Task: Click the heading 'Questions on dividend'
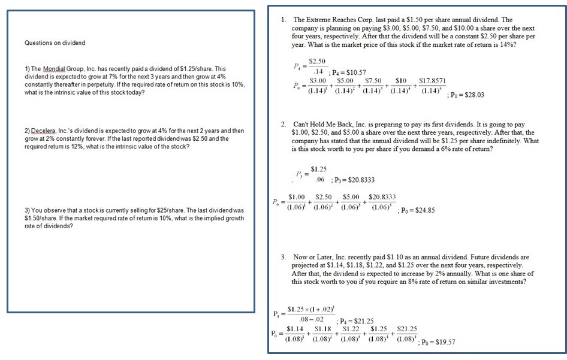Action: click(55, 43)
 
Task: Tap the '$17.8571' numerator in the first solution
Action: click(433, 80)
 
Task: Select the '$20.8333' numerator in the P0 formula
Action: click(381, 196)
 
